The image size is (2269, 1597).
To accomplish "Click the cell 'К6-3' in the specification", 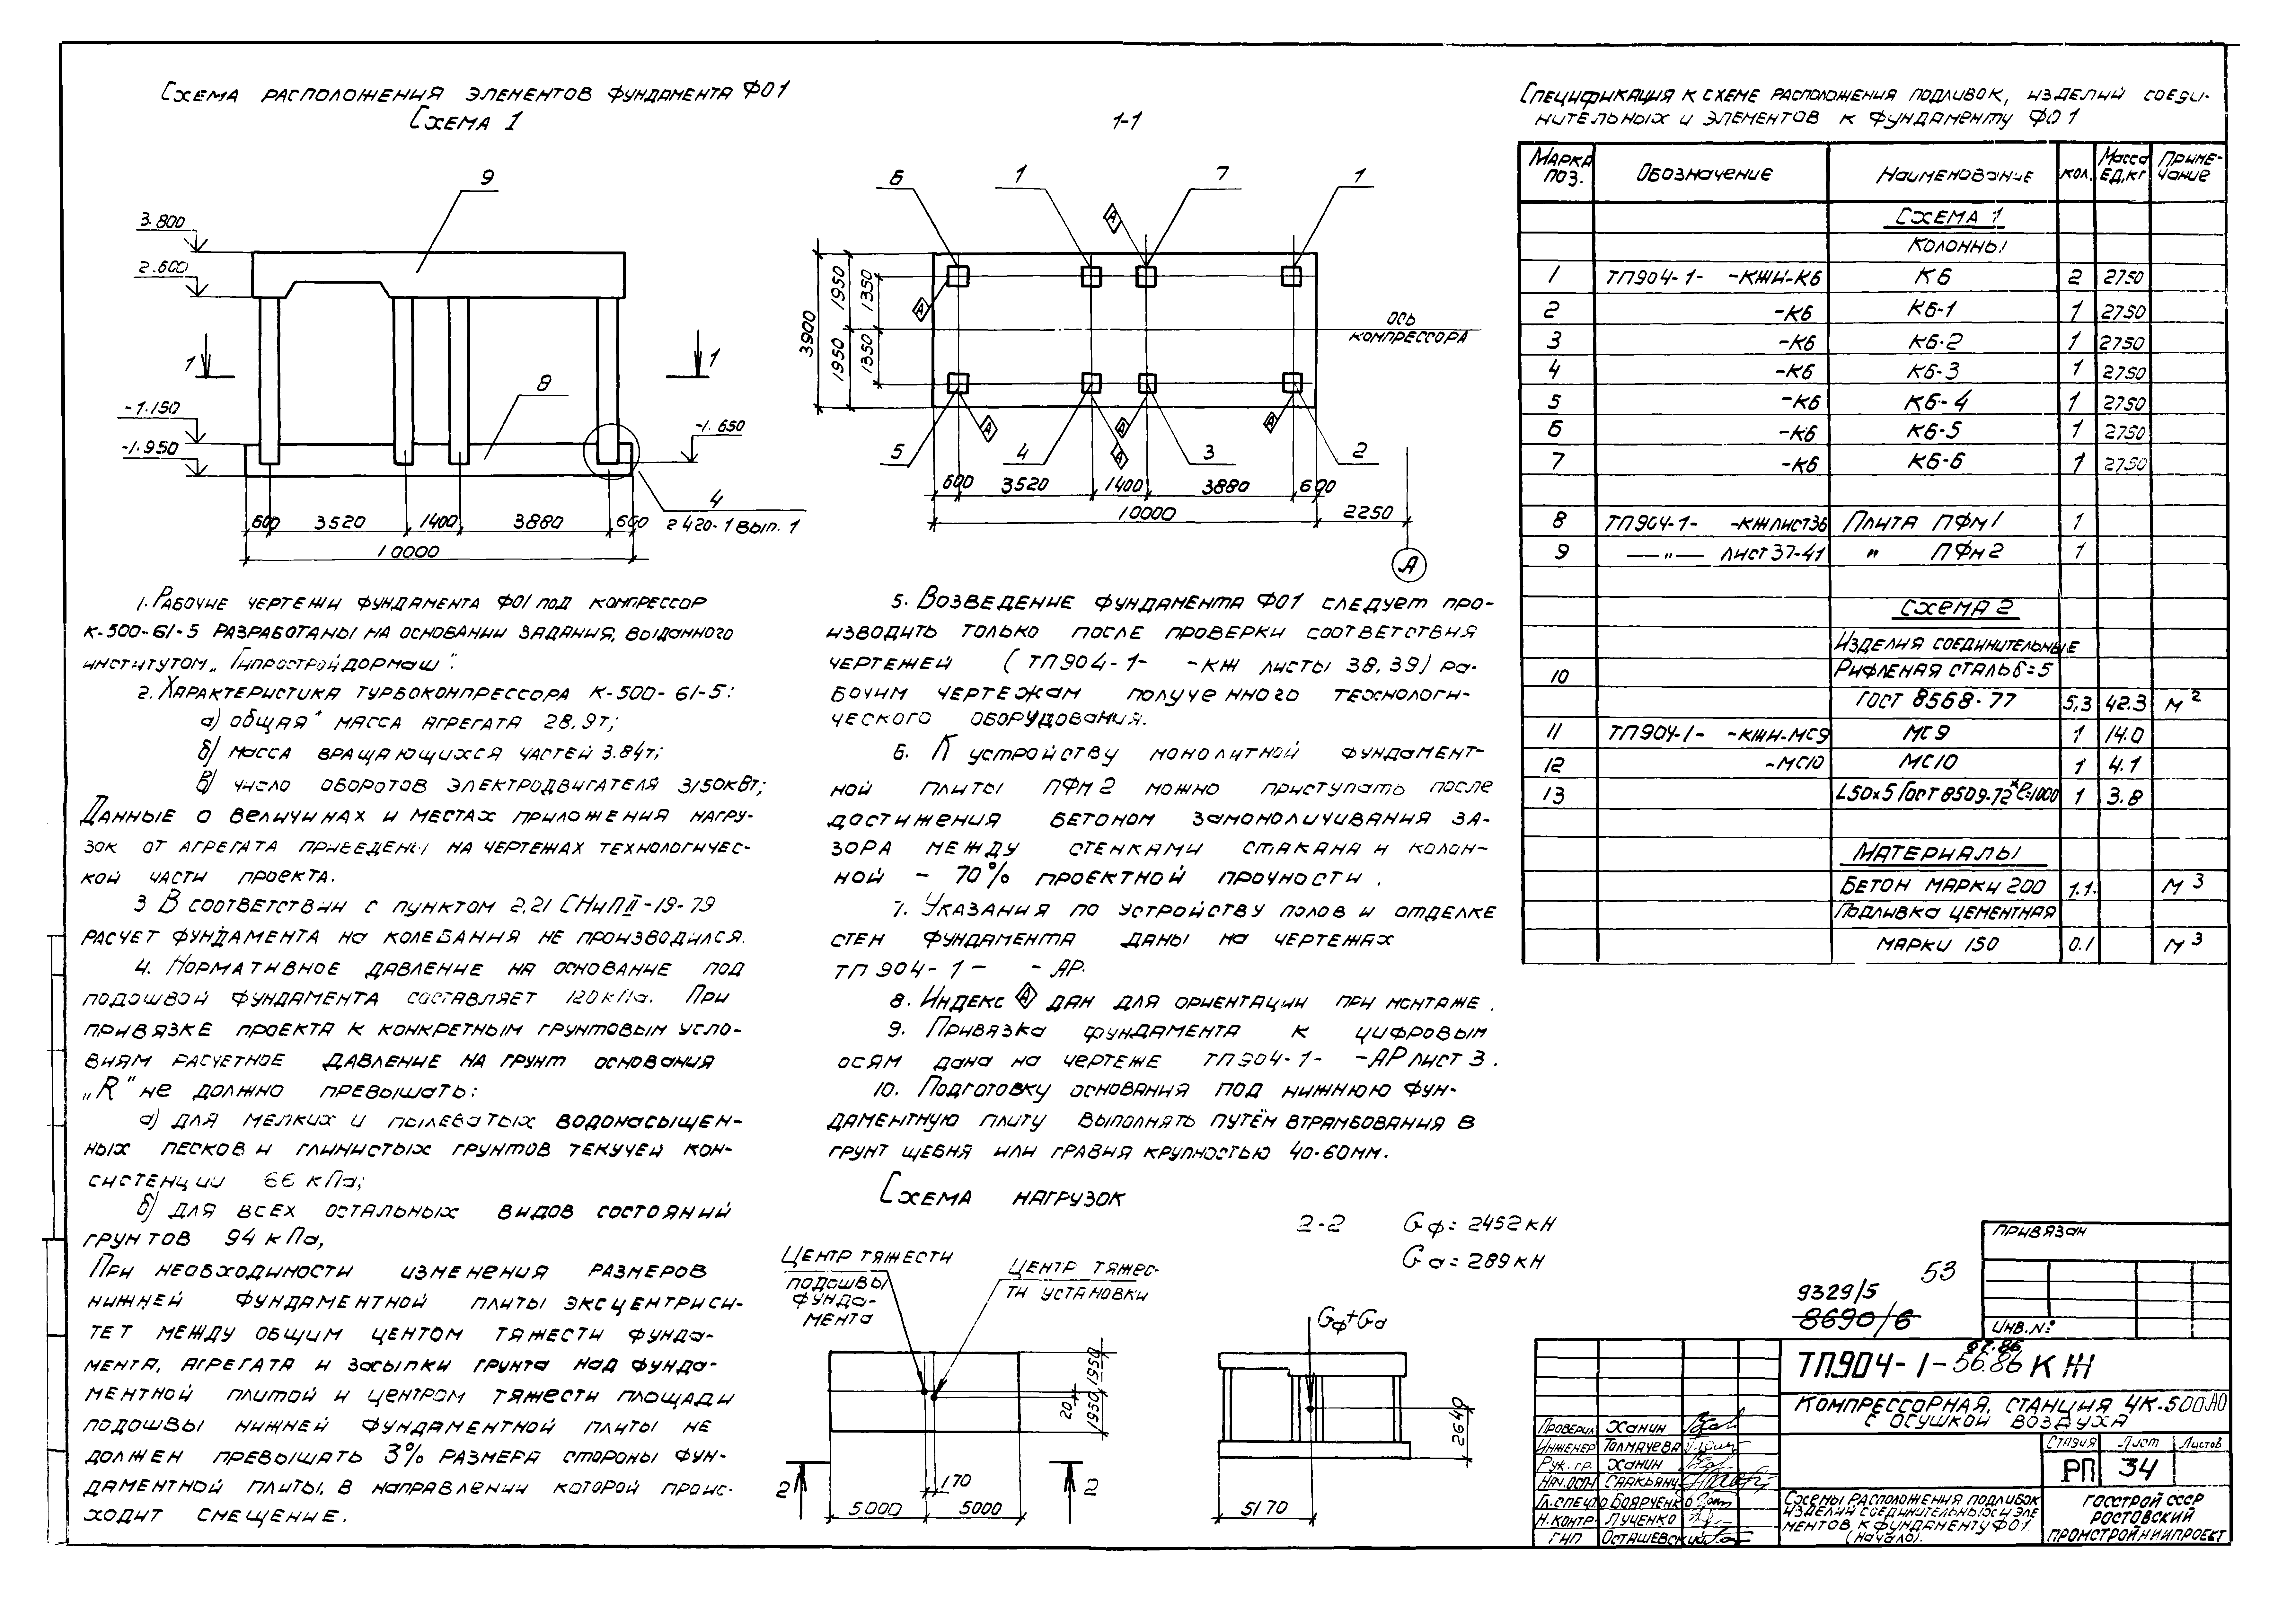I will [x=1934, y=372].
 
